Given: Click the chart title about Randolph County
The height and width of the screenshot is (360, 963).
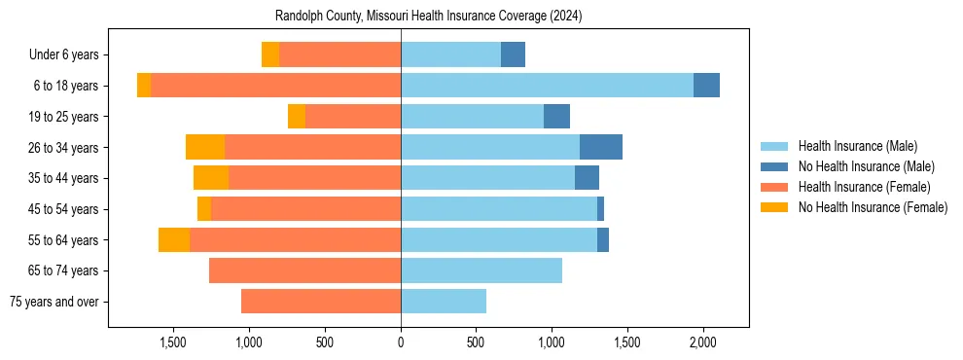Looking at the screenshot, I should pyautogui.click(x=429, y=17).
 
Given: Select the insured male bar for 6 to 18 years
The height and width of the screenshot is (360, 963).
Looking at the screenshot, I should pyautogui.click(x=547, y=86).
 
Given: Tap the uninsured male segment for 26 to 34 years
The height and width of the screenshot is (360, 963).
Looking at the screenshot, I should pyautogui.click(x=600, y=147).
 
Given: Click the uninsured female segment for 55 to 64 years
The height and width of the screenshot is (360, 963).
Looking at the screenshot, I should pyautogui.click(x=174, y=239).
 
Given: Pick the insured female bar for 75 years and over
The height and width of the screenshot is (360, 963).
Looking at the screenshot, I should pyautogui.click(x=321, y=302).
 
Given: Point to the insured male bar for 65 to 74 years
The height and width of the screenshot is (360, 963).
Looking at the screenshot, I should pyautogui.click(x=481, y=270).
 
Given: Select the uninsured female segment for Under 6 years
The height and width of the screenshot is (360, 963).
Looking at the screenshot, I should pyautogui.click(x=270, y=54).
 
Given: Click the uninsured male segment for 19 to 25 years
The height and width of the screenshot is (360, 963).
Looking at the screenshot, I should pyautogui.click(x=556, y=117).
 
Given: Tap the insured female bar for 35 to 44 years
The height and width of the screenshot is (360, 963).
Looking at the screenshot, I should pyautogui.click(x=314, y=178).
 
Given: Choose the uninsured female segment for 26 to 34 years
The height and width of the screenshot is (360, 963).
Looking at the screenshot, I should pyautogui.click(x=205, y=147).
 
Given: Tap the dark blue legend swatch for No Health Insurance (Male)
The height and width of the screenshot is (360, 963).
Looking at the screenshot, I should pyautogui.click(x=774, y=166).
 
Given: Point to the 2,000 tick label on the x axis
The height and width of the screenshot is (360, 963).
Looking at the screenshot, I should pyautogui.click(x=703, y=342).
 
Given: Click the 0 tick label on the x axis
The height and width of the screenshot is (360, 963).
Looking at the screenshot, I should pyautogui.click(x=401, y=342).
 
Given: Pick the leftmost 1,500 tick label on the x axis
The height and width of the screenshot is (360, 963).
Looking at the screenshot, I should pyautogui.click(x=173, y=342).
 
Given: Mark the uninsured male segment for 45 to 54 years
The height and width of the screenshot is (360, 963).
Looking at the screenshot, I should pyautogui.click(x=600, y=209).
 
